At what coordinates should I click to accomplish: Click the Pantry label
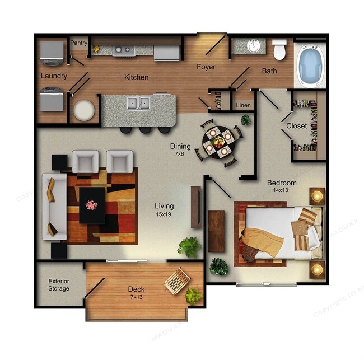(79, 43)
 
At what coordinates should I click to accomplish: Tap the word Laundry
(54, 76)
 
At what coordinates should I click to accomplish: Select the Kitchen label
(136, 78)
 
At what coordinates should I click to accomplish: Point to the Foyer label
(206, 67)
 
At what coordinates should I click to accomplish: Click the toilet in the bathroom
(279, 49)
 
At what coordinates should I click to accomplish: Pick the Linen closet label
(243, 105)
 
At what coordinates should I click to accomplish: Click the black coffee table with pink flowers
(92, 204)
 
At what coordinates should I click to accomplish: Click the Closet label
(297, 126)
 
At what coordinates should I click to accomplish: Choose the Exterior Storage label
(59, 285)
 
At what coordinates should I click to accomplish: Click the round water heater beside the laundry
(84, 110)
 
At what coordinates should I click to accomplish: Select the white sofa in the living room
(54, 206)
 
